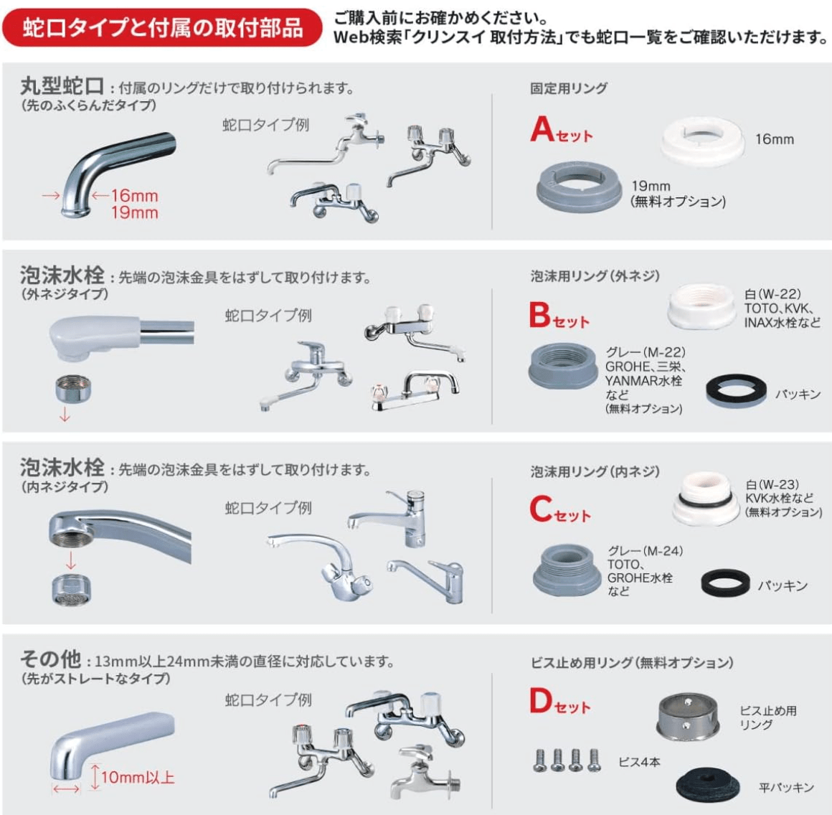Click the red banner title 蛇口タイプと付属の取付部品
pyautogui.click(x=162, y=27)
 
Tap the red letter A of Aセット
pyautogui.click(x=542, y=130)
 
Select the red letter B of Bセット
pyautogui.click(x=540, y=316)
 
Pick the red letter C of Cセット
pyautogui.click(x=540, y=509)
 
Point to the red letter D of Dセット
pyautogui.click(x=541, y=701)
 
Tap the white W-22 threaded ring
pyautogui.click(x=701, y=306)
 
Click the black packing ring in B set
pyautogui.click(x=736, y=392)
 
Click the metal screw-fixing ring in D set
pyautogui.click(x=686, y=717)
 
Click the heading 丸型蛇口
pyautogui.click(x=62, y=87)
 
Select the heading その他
pyautogui.click(x=50, y=659)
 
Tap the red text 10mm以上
pyautogui.click(x=137, y=777)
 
